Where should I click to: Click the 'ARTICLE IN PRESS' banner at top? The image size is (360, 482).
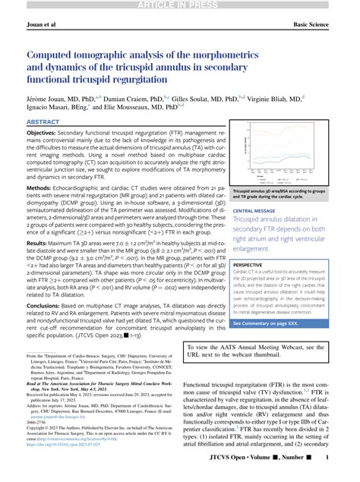point(180,6)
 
